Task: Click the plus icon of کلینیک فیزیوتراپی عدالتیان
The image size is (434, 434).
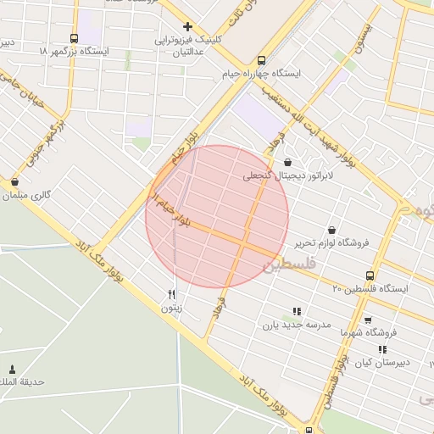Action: pos(187,26)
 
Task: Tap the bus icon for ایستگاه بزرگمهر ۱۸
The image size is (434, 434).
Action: pos(74,38)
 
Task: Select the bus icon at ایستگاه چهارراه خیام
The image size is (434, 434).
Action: pos(261,60)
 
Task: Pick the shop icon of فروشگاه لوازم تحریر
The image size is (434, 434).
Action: pos(331,229)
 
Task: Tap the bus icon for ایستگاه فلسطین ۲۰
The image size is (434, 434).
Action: pos(370,275)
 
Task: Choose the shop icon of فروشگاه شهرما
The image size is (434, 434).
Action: pos(367,320)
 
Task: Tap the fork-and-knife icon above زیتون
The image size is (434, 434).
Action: pos(172,294)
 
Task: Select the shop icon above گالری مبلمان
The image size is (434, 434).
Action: pos(15,181)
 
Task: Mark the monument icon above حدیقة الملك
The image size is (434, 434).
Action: pos(12,369)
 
